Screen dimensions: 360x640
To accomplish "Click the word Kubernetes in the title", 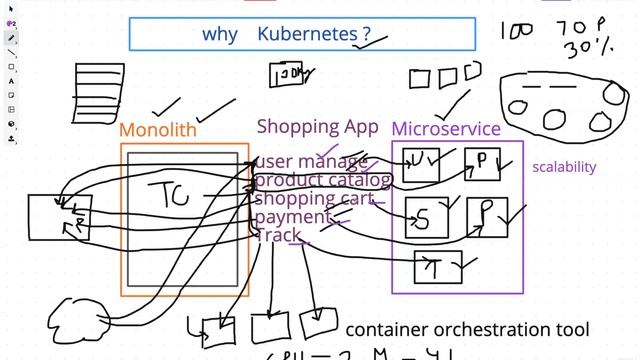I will (x=308, y=34).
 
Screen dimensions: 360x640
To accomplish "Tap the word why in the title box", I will (x=220, y=34).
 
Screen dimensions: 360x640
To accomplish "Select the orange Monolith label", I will (x=158, y=130).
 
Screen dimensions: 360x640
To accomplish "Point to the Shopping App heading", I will (x=317, y=126).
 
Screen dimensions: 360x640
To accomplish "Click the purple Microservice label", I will (x=445, y=129).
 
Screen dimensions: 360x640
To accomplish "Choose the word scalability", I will (x=563, y=167).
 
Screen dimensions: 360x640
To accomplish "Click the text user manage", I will (x=310, y=161).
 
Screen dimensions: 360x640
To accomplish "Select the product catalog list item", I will (x=322, y=180).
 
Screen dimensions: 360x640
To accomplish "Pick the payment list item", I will (x=291, y=216).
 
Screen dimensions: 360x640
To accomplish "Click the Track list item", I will (x=279, y=235).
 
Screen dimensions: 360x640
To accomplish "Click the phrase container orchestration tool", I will (x=467, y=329).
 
